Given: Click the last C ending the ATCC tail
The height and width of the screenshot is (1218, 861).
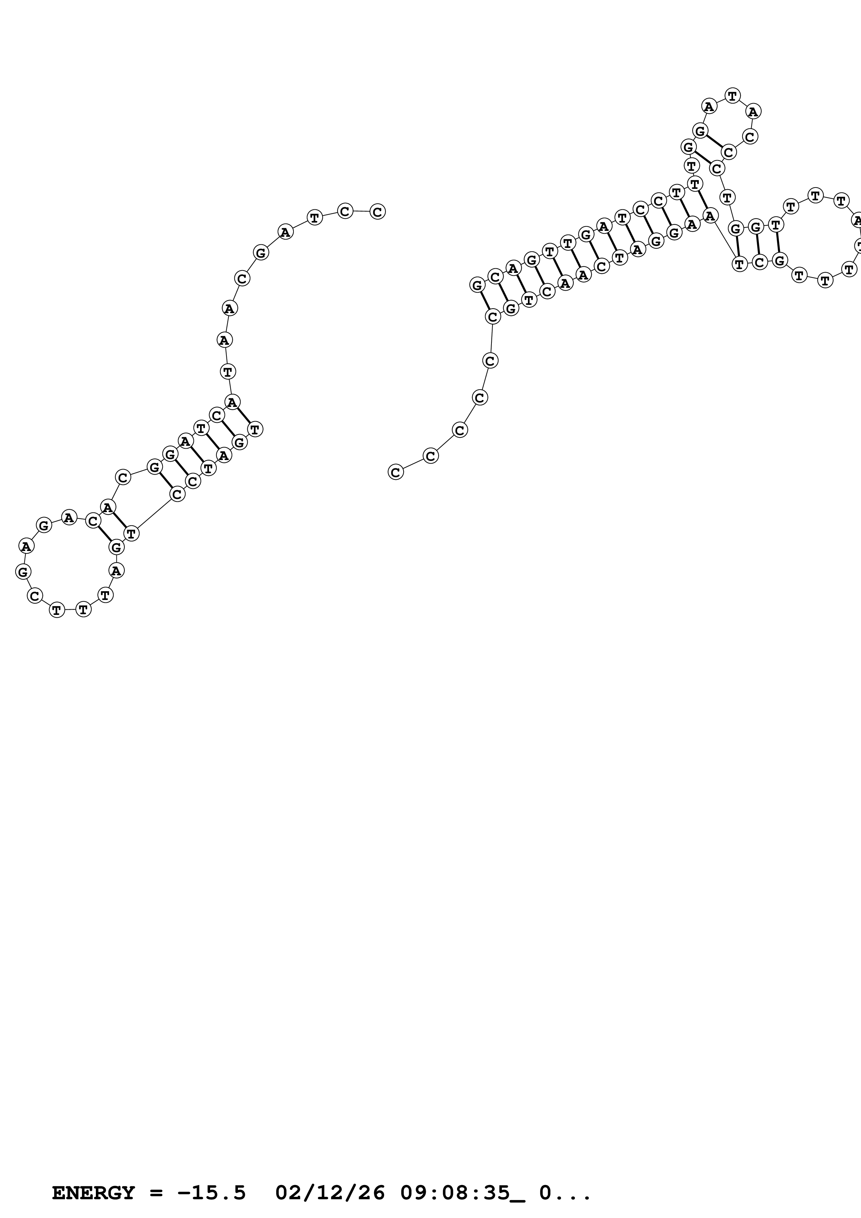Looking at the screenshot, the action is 377,212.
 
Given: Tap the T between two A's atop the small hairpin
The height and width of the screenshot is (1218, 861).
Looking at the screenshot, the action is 732,96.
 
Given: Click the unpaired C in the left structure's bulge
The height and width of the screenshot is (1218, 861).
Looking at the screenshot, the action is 123,477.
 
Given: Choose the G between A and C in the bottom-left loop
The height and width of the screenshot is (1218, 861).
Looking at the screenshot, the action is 23,572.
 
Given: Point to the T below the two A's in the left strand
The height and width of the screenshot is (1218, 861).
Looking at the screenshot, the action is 227,372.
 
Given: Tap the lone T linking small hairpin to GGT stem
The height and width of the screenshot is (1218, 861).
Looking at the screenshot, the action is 727,197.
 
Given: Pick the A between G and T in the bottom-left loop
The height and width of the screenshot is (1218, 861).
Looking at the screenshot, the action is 116,570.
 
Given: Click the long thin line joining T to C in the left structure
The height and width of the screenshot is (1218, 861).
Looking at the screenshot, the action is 154,514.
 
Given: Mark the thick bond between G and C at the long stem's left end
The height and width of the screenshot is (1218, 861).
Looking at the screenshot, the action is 485,301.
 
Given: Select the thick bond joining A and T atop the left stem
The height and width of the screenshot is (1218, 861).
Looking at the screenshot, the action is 243,415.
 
